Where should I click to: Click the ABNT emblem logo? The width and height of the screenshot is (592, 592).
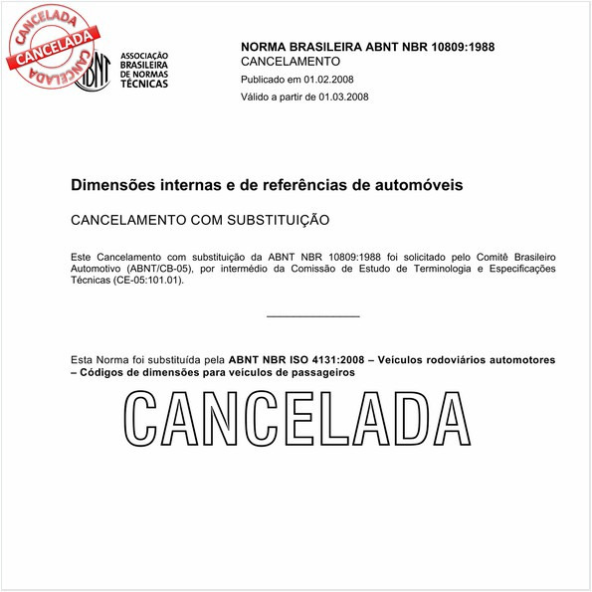(93, 72)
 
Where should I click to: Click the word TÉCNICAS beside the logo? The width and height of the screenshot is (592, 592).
(145, 83)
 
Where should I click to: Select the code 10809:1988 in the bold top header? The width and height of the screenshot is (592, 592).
(461, 47)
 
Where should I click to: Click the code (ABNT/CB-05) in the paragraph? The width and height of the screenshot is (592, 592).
(159, 268)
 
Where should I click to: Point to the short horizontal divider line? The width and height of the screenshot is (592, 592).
(313, 316)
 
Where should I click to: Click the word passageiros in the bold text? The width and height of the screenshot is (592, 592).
(319, 371)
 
